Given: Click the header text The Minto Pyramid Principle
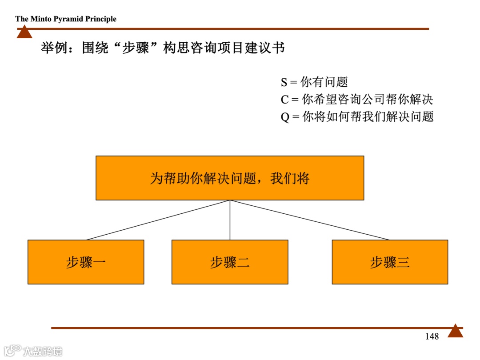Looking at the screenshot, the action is (x=66, y=19).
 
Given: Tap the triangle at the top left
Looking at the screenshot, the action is (x=24, y=32).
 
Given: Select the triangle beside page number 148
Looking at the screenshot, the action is (x=455, y=332).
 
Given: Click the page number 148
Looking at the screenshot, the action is (x=432, y=336).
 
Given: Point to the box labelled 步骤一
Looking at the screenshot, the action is (x=86, y=262).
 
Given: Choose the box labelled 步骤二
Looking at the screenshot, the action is (x=230, y=262).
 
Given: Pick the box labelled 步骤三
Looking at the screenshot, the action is (x=390, y=262).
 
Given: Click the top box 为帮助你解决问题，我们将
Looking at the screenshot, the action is (x=230, y=178).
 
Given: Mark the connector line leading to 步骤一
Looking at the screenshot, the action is (x=158, y=220).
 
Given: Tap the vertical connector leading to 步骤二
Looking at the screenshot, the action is (x=230, y=220).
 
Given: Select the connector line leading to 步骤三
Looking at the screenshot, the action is (x=310, y=220).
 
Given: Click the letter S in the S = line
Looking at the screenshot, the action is (x=284, y=83).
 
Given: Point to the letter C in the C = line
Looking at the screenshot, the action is (x=284, y=100).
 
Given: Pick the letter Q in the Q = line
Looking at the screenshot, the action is (x=285, y=117).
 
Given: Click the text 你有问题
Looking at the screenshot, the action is (x=324, y=82).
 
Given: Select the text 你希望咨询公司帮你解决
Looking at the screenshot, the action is (x=368, y=100).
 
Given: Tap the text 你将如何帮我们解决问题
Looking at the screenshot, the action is (x=368, y=117).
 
